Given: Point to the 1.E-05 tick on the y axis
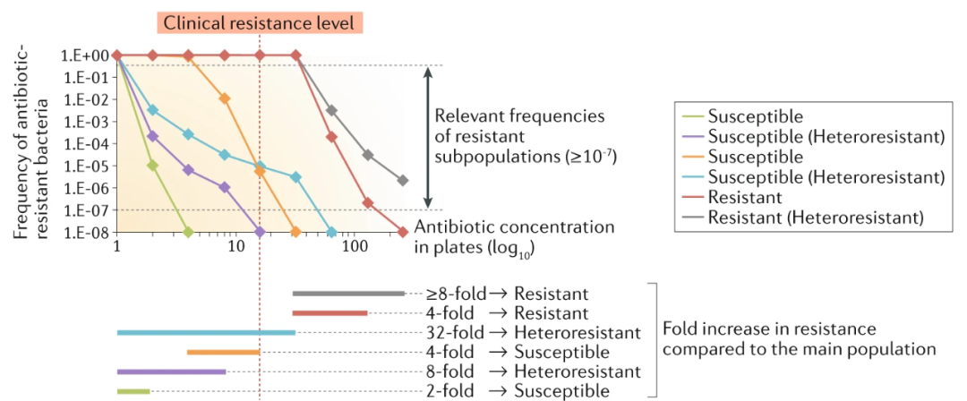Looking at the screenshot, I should [85, 166].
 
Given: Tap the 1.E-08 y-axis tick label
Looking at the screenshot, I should [85, 233].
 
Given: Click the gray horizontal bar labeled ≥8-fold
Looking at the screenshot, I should [348, 293].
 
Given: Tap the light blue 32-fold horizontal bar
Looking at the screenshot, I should [206, 332].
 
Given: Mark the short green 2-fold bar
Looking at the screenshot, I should [133, 391].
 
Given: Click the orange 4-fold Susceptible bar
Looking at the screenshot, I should [223, 352].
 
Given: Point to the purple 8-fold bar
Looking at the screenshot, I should [171, 371].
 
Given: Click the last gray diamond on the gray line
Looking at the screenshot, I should [403, 180].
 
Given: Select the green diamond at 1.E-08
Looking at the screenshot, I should [188, 233].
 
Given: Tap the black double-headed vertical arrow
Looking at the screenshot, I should [429, 138].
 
